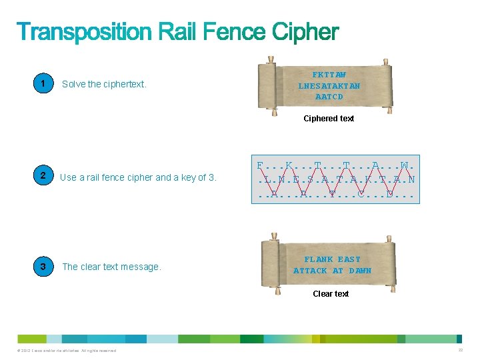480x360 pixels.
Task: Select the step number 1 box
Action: tap(43, 84)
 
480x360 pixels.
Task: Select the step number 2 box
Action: tap(43, 177)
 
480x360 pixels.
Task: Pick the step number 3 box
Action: tap(43, 267)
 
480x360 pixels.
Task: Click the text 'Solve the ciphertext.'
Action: tap(104, 85)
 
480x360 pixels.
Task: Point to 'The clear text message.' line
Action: tap(111, 267)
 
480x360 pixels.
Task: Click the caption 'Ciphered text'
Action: tap(329, 119)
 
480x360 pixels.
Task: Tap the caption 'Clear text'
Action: tap(331, 294)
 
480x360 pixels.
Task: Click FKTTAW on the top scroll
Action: tap(329, 75)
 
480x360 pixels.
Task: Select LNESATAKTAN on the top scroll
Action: tap(329, 86)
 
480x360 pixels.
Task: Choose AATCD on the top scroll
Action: tap(329, 97)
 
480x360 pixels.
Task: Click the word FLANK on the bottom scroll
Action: tap(319, 259)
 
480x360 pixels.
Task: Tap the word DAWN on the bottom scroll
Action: tap(360, 271)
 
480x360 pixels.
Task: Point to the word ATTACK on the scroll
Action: tap(310, 271)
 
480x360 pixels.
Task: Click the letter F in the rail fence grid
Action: tap(260, 165)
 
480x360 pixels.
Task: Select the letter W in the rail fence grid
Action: tap(405, 165)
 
